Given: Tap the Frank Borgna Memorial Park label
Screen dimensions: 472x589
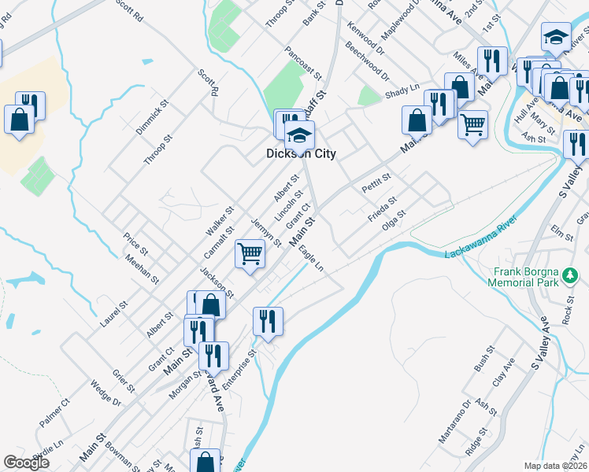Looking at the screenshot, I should coord(525,276).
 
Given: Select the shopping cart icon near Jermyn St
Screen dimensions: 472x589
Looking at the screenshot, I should coord(250,254).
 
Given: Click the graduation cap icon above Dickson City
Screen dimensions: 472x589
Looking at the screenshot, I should coord(299,135).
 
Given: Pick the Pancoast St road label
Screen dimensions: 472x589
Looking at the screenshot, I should coord(304,64).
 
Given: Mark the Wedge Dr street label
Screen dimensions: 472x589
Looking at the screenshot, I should coord(106,395).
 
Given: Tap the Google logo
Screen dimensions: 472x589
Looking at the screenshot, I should coord(26,463).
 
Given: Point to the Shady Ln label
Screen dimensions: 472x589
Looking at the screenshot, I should coord(402,94).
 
